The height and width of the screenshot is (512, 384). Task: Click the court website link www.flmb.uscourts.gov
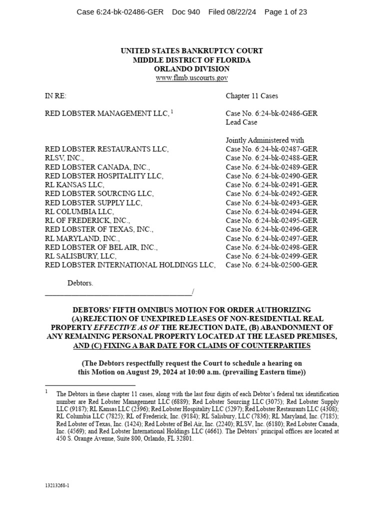tap(191, 78)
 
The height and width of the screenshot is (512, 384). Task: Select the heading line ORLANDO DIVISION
tap(191, 69)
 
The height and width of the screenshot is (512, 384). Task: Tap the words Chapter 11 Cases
tap(251, 95)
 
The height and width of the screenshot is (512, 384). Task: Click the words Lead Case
tap(241, 122)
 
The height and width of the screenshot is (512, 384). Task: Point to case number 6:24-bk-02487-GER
tap(271, 149)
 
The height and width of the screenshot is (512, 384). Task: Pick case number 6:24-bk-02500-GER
tap(271, 265)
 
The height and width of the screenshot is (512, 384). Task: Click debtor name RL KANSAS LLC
tap(74, 184)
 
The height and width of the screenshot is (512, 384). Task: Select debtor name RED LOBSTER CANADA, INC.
tap(97, 167)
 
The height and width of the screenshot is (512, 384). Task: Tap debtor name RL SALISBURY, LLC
tap(80, 256)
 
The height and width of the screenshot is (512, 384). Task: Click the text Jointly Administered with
tap(264, 140)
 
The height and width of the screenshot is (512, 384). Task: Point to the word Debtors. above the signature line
tap(80, 283)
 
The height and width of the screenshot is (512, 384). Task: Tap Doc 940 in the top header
tap(185, 12)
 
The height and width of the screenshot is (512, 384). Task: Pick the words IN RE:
tap(55, 95)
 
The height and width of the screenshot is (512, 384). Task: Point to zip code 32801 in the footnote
tap(183, 438)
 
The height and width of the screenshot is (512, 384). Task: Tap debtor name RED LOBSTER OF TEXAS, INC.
tap(99, 229)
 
